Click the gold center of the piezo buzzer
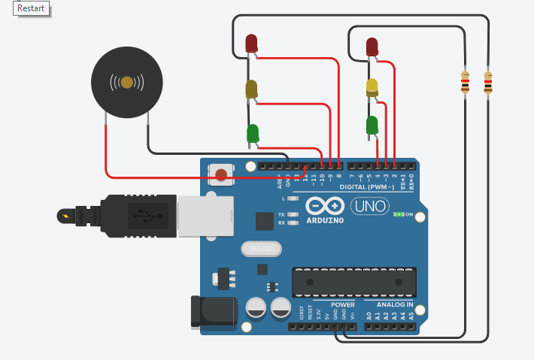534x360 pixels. point(127,81)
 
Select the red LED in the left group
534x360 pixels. point(251,44)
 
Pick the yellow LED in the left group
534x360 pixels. point(251,89)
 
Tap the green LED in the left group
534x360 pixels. point(253,134)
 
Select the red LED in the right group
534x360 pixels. point(372,47)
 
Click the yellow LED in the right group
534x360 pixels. point(372,86)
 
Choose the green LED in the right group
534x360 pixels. point(372,125)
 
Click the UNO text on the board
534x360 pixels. point(369,205)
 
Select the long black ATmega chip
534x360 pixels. point(353,280)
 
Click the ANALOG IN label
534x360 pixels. point(389,305)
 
